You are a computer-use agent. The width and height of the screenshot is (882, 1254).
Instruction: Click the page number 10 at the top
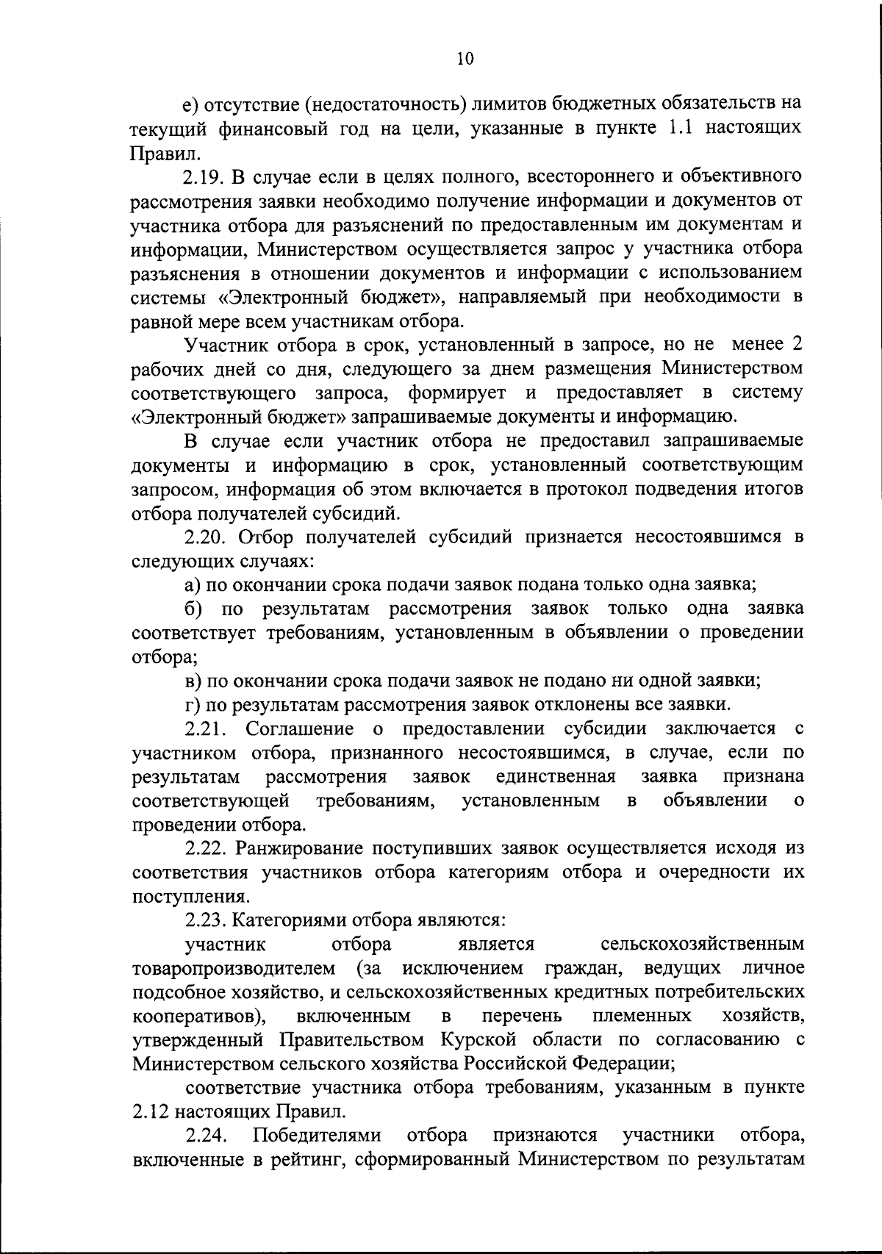tap(465, 59)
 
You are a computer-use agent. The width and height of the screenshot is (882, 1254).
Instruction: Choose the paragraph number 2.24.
tap(207, 1136)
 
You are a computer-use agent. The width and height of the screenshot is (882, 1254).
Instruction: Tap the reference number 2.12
tap(151, 1111)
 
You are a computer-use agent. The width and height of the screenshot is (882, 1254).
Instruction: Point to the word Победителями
tap(317, 1136)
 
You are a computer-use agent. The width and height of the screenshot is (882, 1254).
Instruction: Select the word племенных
tap(642, 1016)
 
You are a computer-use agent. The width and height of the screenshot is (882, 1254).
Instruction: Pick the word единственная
tap(556, 776)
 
